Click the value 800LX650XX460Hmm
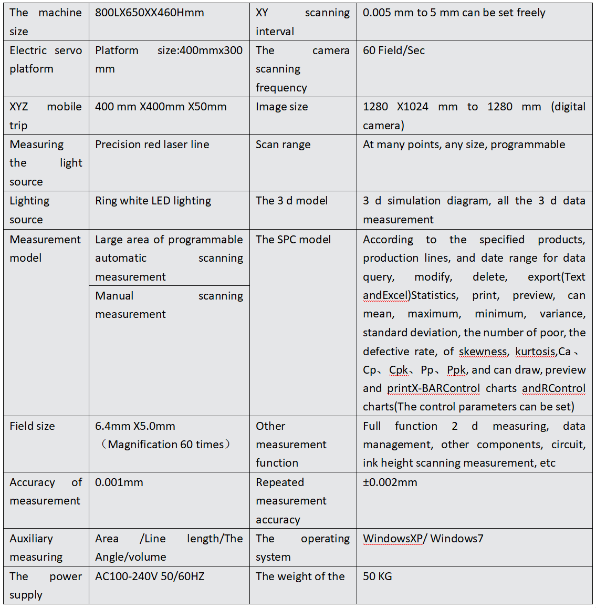point(150,13)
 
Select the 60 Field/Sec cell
point(394,50)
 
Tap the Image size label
point(282,107)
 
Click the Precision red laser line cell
point(152,145)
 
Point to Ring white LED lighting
point(153,201)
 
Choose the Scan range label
point(283,145)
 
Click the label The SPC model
point(293,240)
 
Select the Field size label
point(32,426)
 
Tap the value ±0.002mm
point(390,482)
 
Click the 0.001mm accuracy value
point(119,482)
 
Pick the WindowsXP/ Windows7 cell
point(423,539)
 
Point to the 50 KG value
point(378,576)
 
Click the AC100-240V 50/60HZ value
point(150,576)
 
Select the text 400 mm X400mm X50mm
point(161,107)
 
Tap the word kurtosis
point(535,352)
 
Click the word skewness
point(483,352)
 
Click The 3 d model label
point(291,201)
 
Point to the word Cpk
point(399,370)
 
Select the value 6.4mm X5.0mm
point(135,426)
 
